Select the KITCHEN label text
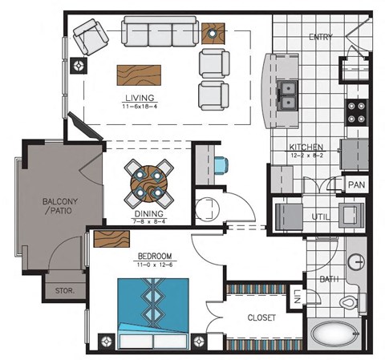tap(306, 148)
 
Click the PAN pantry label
tap(356, 184)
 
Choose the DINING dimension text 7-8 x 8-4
tap(149, 222)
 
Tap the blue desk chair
tap(221, 165)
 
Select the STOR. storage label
tap(63, 290)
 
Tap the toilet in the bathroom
tap(351, 302)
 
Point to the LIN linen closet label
tap(296, 297)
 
